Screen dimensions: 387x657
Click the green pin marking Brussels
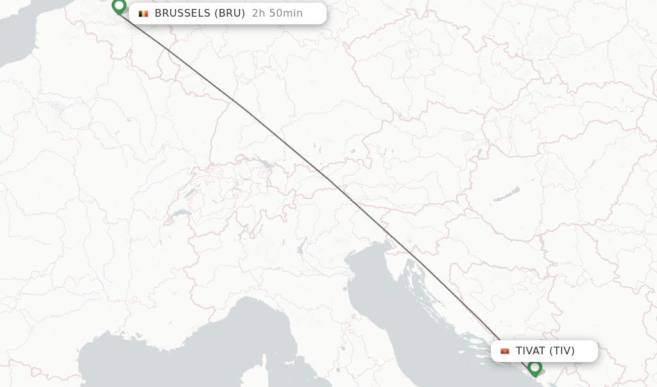tap(119, 7)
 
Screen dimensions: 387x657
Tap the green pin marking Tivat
tap(534, 368)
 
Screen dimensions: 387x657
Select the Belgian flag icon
tap(143, 13)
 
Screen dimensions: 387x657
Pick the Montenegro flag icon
tap(505, 351)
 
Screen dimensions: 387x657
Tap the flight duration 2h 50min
tap(277, 13)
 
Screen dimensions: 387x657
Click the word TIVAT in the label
tap(531, 351)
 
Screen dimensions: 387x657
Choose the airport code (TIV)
tap(562, 351)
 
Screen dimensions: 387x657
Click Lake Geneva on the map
tap(182, 213)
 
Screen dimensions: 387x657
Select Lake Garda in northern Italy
tap(300, 246)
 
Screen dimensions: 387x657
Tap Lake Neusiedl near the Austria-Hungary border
tap(479, 154)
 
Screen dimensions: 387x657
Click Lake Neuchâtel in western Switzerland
tap(192, 192)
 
